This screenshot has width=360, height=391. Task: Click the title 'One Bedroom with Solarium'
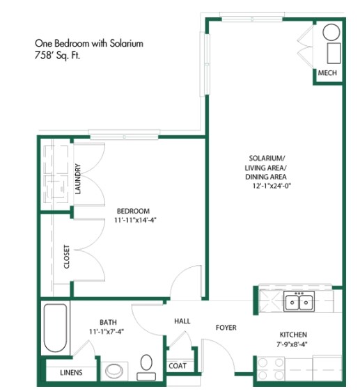tap(88, 43)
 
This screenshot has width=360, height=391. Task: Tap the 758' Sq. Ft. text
tap(58, 56)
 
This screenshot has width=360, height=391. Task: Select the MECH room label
tap(327, 73)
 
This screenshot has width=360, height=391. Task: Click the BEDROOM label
tap(133, 211)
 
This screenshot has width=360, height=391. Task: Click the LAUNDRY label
tap(78, 178)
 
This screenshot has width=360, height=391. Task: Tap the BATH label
tap(108, 322)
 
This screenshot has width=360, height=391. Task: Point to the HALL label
tap(182, 321)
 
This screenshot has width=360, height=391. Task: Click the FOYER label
tap(226, 326)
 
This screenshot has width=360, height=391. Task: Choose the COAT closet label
tap(176, 365)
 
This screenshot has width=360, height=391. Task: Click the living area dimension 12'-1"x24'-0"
tap(269, 186)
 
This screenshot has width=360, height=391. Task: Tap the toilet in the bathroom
tap(147, 367)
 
